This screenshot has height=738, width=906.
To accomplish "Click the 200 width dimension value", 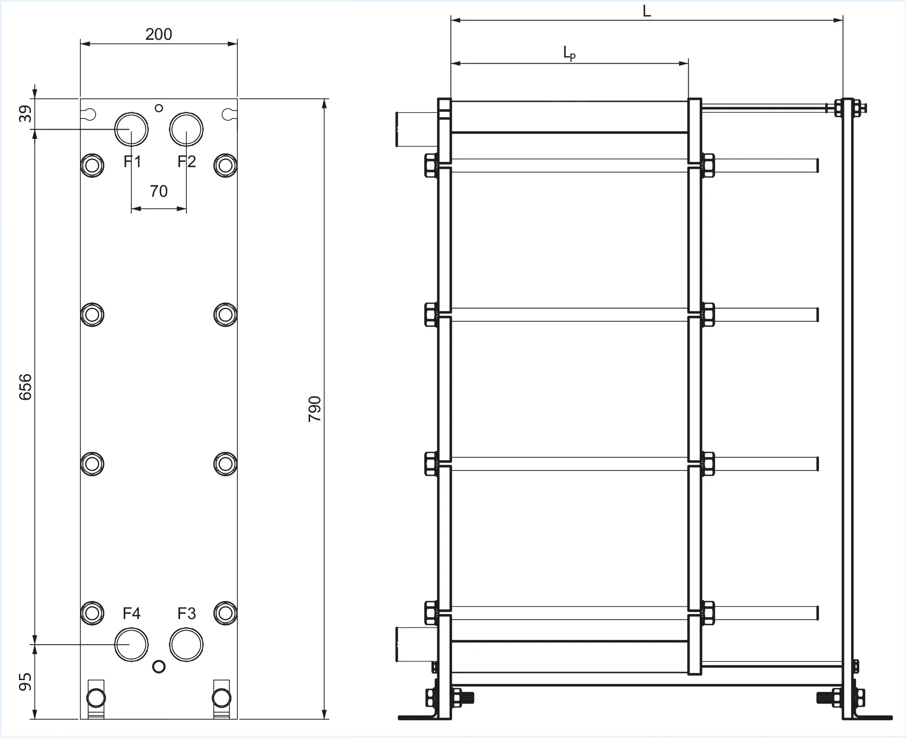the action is coord(159,34).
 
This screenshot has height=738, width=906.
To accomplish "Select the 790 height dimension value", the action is coord(315,409).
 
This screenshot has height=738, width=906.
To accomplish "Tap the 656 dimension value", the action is coord(26,387).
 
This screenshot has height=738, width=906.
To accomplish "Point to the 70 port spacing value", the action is coord(159,191).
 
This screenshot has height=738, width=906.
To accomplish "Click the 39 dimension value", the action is coord(26,114).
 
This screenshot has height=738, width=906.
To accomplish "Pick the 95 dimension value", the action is coord(26,681).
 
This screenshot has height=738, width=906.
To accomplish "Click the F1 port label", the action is coord(132,162).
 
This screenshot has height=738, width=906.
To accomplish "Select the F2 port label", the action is coord(186,162).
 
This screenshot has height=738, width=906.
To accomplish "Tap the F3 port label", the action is coord(186,613).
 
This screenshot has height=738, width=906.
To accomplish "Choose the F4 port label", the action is coord(132,613).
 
